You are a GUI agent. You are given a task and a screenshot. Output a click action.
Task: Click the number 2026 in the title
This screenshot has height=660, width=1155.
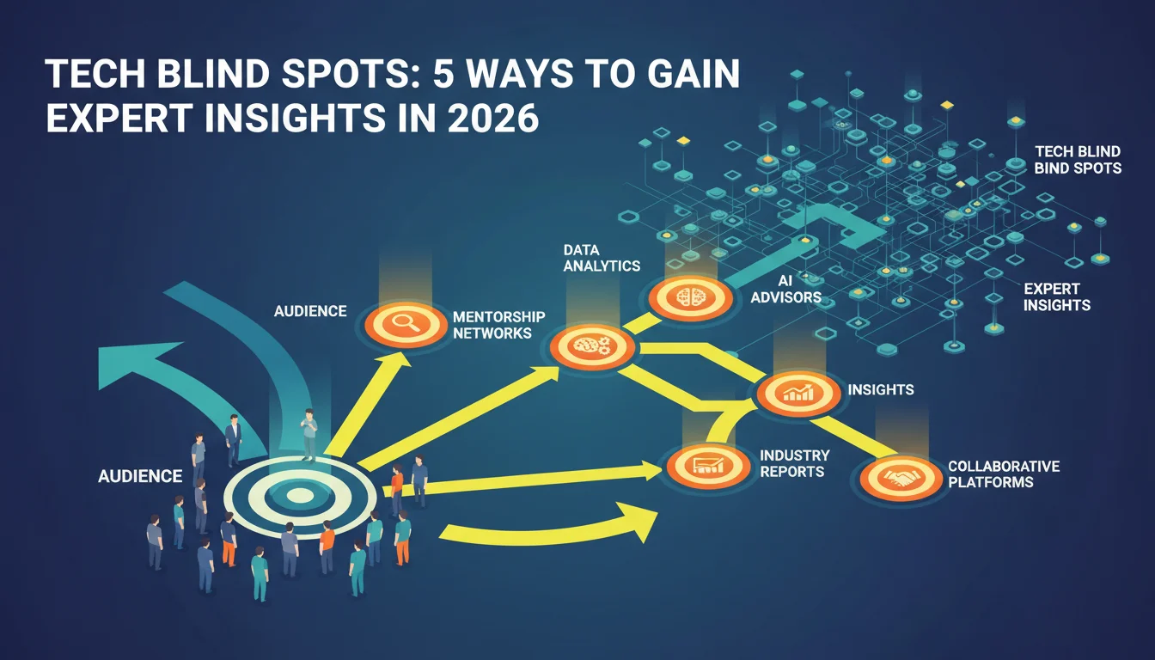coord(493,118)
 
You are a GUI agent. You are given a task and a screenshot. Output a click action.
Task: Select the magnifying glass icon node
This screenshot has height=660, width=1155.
coord(406,324)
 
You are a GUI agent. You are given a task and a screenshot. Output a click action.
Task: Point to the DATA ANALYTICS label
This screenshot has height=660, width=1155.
coord(602,258)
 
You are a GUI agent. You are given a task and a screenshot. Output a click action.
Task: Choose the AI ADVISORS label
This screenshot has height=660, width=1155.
coord(785,290)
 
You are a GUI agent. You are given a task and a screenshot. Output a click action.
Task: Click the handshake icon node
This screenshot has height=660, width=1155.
coord(901,478)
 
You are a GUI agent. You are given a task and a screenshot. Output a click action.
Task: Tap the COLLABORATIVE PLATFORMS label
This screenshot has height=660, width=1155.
coord(1004,474)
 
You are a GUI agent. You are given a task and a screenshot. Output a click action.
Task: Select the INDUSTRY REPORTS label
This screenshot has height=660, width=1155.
coord(795,463)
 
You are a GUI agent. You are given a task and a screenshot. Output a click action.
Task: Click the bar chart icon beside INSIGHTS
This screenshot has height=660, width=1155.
coord(798,394)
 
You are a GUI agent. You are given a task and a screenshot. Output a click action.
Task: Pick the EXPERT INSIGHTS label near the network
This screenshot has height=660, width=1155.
coord(1056,297)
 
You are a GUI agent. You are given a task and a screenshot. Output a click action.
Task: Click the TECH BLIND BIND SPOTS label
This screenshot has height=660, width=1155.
coord(1078,160)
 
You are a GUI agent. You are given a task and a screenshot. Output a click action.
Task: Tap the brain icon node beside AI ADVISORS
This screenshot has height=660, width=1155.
coord(690,298)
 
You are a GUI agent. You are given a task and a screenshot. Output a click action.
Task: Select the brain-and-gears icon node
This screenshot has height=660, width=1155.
coord(592,347)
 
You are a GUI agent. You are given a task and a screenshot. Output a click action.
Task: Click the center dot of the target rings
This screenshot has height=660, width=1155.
coord(297,496)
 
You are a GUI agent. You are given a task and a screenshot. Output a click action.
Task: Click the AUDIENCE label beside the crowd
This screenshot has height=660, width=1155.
coord(140,476)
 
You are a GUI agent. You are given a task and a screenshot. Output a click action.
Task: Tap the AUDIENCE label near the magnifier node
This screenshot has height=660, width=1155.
coord(310,311)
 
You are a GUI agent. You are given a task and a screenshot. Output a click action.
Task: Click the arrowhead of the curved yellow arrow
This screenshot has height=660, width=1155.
coord(639,521)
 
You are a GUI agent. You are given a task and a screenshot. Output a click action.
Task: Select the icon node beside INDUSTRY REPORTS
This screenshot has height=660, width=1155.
coord(708,467)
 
